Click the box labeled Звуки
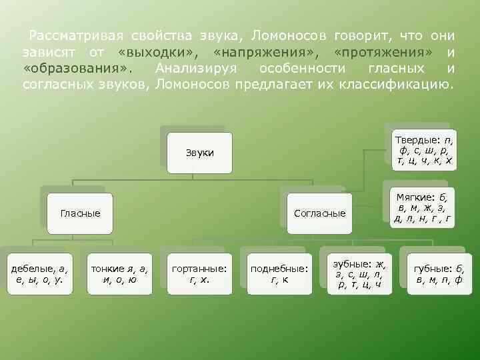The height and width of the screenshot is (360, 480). [200, 153]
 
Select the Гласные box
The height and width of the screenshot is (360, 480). [80, 213]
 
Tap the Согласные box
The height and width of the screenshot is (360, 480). [320, 213]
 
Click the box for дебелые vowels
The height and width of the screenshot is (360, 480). [41, 273]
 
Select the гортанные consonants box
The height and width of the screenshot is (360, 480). [199, 273]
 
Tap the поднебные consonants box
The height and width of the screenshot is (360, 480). [279, 273]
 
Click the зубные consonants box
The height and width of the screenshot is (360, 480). [359, 273]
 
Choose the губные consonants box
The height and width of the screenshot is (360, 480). [438, 273]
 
